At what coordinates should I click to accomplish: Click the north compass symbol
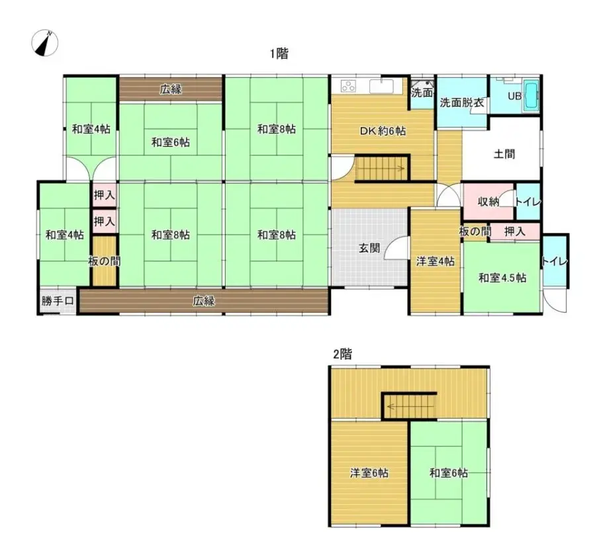45,43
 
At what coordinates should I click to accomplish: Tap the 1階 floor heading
279,54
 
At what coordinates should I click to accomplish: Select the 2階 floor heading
343,354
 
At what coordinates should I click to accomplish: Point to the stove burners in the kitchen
348,86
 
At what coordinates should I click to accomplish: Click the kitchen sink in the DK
382,86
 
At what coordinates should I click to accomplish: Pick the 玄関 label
369,248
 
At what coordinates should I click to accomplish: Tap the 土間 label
504,154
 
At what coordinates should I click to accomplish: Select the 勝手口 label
58,301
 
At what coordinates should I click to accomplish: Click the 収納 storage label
488,202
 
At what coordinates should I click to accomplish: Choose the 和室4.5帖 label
502,278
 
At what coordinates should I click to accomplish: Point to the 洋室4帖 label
435,261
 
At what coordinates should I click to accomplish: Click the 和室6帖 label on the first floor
170,143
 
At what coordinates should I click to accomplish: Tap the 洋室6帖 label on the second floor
369,473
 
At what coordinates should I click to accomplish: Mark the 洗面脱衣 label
461,102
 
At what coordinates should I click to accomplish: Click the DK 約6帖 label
383,131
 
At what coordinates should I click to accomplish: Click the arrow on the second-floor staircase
410,407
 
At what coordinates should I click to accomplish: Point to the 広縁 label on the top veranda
170,89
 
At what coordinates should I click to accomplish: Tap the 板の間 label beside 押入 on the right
475,232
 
